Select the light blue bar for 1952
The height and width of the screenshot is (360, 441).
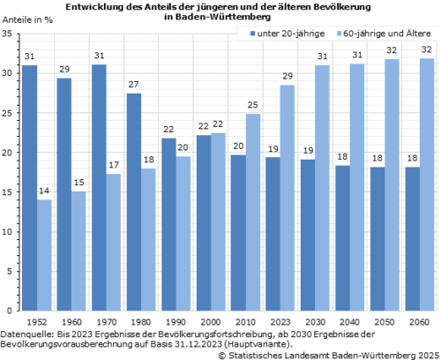43,256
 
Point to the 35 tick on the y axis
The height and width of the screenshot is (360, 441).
9,34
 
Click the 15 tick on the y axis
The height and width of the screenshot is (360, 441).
9,192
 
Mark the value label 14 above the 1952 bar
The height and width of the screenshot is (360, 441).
43,191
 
